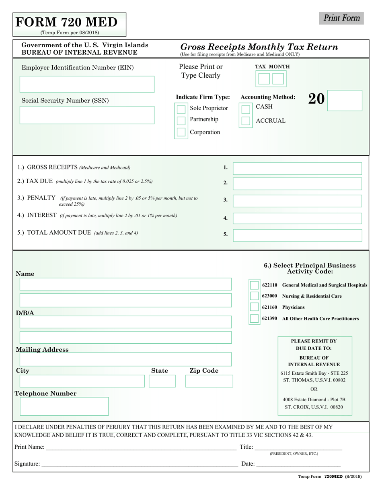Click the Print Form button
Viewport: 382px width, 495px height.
(341, 18)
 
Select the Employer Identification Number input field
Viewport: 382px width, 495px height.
(87, 85)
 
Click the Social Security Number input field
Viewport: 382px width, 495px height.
(87, 115)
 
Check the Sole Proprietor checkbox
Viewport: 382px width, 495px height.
(181, 109)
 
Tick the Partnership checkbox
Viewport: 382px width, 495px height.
(181, 120)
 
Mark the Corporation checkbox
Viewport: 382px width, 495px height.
(181, 132)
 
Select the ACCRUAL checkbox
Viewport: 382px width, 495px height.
(245, 121)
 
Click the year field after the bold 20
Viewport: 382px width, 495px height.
(345, 100)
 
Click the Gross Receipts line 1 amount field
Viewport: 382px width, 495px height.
(298, 169)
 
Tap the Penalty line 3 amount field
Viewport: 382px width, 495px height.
(298, 201)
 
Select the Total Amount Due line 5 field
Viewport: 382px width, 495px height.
(298, 235)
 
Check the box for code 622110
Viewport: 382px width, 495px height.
(254, 285)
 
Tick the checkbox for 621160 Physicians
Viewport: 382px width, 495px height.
(254, 307)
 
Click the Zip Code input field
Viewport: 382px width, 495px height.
(209, 381)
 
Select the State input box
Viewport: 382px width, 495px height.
(162, 381)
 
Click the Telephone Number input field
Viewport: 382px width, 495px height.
(64, 406)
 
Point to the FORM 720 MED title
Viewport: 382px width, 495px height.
(67, 22)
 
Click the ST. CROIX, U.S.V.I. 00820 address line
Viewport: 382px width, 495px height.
(314, 407)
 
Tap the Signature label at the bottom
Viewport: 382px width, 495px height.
(27, 464)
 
